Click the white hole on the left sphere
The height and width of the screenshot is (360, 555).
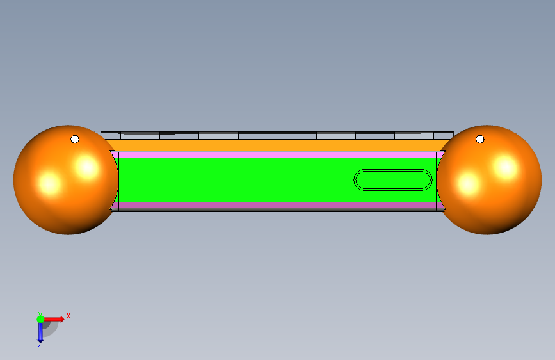(75, 139)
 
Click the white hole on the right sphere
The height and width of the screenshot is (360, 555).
(480, 139)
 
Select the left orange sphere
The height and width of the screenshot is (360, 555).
(66, 179)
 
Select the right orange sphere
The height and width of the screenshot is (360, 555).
(489, 179)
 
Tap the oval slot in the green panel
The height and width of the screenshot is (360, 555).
(393, 180)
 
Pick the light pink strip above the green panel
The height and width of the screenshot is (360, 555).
(278, 155)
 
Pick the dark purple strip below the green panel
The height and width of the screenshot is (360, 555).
(278, 205)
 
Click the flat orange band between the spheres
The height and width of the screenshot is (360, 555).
(278, 145)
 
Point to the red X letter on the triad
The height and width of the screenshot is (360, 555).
(68, 316)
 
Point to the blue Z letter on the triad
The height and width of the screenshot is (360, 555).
(40, 345)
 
